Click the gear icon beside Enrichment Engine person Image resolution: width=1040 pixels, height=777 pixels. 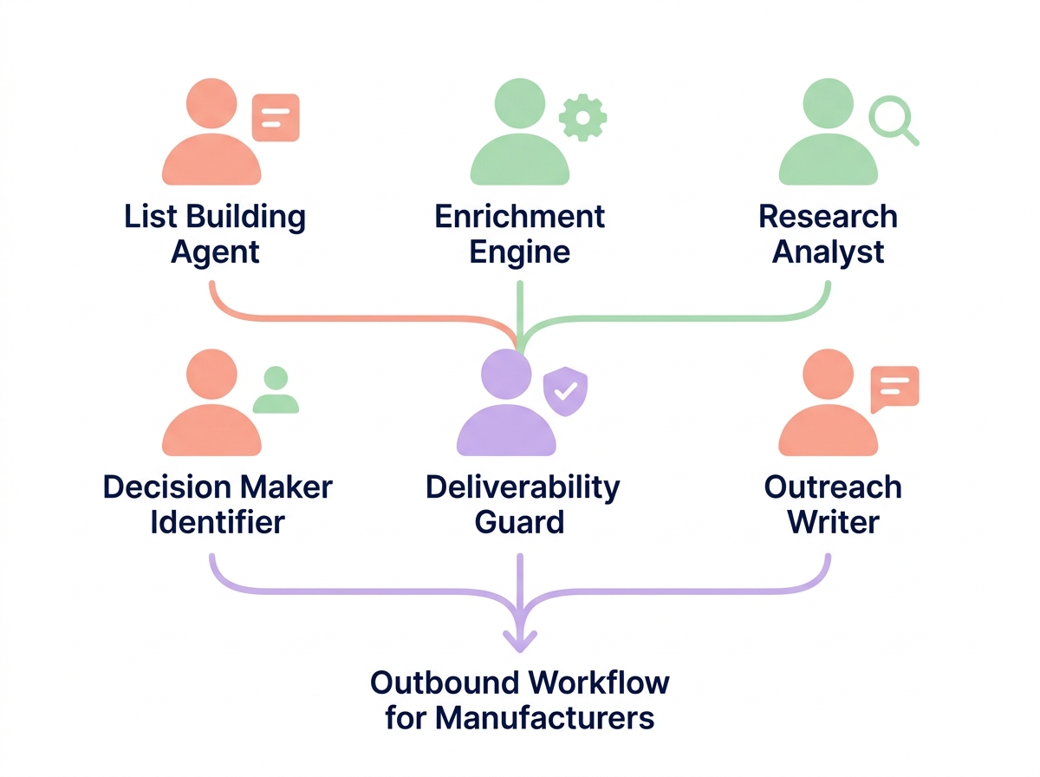583,117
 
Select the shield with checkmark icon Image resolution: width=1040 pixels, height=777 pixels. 564,390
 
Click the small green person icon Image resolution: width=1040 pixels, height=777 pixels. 276,390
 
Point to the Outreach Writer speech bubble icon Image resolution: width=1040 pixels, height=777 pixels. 894,388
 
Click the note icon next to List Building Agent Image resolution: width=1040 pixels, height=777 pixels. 276,117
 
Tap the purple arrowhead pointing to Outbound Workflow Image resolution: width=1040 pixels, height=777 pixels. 520,642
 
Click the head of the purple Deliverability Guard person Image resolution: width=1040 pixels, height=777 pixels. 505,375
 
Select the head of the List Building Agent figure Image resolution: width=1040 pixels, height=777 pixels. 211,103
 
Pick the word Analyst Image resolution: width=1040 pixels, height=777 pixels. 829,252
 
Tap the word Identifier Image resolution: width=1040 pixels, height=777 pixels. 217,523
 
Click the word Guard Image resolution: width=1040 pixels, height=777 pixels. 520,523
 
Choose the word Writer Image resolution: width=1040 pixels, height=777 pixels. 833,523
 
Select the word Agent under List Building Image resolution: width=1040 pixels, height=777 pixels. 215,252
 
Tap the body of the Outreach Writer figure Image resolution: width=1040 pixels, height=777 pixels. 828,432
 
